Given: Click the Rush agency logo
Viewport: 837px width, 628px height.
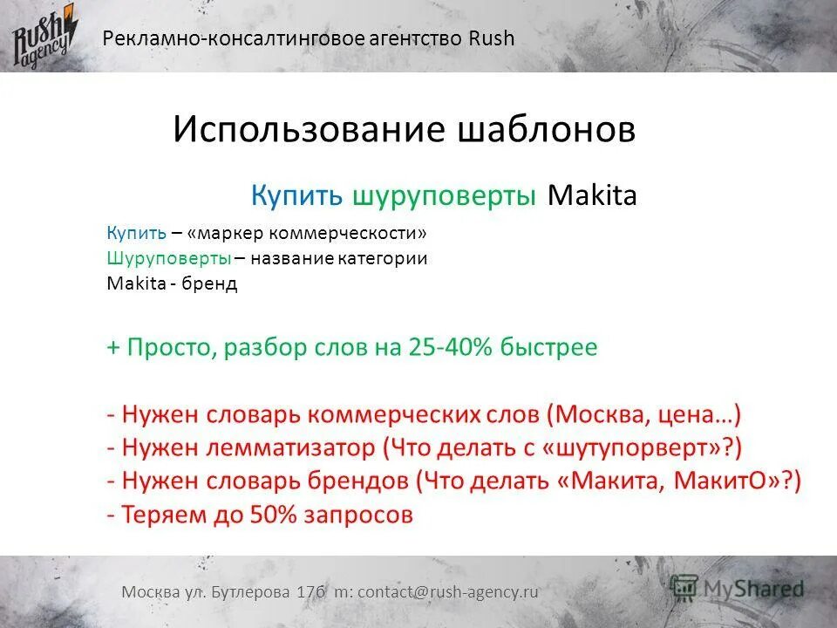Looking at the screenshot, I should [x=44, y=36].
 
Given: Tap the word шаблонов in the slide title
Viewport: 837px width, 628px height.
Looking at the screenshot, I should [x=546, y=130].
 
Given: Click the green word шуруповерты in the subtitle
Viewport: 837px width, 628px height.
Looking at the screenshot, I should [x=445, y=195].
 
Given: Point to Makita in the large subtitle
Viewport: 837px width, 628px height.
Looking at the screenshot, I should [x=592, y=195].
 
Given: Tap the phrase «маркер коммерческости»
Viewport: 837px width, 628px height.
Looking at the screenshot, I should [x=307, y=235].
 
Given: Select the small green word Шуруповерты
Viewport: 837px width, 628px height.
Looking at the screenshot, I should [x=169, y=259].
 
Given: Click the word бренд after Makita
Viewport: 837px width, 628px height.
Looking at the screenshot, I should [x=210, y=284].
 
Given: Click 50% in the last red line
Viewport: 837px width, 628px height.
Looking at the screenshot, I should [x=274, y=515].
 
